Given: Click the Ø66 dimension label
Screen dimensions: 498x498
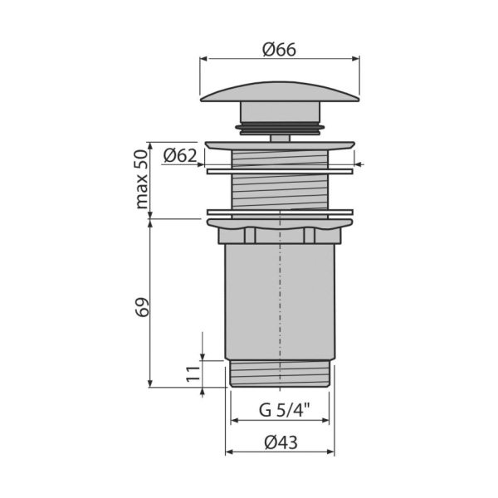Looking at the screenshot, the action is tap(279, 50).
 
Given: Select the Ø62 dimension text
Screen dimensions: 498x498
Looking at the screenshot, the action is tap(180, 156).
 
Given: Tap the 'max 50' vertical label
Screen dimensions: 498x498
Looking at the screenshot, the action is tap(142, 179).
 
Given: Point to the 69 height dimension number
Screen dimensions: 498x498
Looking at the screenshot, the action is tap(142, 307).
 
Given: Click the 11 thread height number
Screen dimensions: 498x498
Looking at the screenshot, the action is tap(193, 373).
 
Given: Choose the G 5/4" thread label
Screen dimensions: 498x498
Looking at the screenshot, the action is tap(284, 410).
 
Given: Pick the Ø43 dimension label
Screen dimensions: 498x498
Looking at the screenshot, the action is tap(281, 442).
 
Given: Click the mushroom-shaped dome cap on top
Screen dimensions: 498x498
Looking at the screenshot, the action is tap(280, 91).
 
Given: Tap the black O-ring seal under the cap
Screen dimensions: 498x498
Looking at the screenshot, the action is tap(280, 127).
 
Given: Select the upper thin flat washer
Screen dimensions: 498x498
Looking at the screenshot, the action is tap(280, 172).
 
